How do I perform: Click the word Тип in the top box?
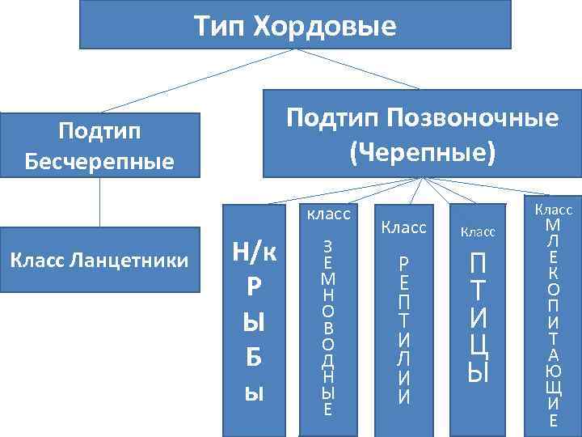pos(220,27)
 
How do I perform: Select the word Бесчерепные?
pos(99,161)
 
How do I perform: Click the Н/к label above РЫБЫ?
pos(254,252)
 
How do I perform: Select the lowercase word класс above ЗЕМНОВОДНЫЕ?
pos(328,214)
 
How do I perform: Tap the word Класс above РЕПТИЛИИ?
pos(403,227)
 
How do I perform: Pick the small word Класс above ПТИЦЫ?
pos(478,232)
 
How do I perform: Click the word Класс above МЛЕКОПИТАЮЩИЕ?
pos(553,208)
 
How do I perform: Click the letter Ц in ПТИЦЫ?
pos(479,345)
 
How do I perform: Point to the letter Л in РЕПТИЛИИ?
pos(403,357)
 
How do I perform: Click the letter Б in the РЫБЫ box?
pos(254,355)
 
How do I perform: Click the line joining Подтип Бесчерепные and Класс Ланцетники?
pos(99,202)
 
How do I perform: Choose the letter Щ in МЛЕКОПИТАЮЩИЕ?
pos(553,390)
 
